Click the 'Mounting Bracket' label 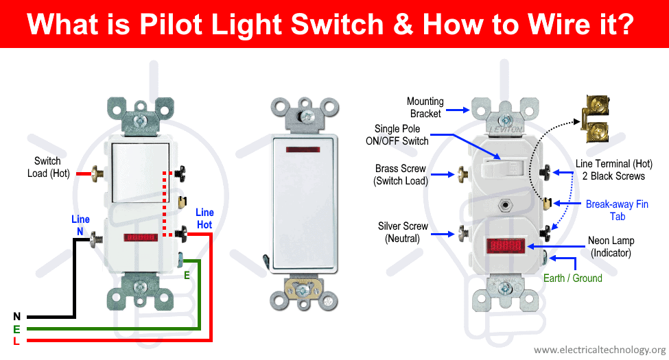(425, 108)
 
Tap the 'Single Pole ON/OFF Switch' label (401, 135)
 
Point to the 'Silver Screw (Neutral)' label (403, 232)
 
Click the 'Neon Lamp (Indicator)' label (611, 247)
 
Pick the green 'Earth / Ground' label (572, 278)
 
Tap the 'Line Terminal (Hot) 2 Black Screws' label (609, 170)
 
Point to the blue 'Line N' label (80, 226)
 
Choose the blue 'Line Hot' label (204, 219)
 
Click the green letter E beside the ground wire (186, 276)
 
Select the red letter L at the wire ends (16, 341)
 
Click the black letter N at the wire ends (16, 316)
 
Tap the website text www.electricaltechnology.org (600, 350)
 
